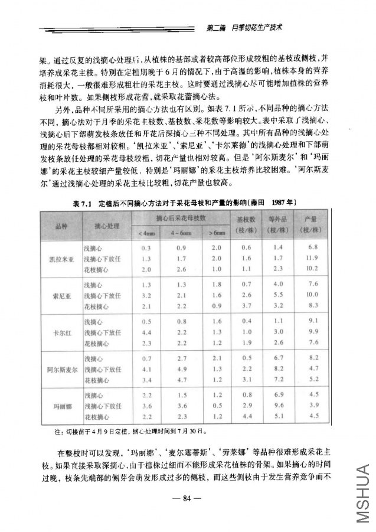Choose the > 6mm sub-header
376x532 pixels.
(217, 234)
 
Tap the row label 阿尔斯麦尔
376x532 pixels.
(62, 369)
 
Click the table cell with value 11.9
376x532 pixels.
(313, 259)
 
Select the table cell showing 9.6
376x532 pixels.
(280, 406)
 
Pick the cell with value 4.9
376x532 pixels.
(182, 369)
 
